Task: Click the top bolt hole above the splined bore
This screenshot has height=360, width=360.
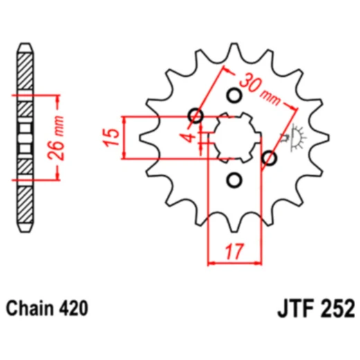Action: [x=234, y=95]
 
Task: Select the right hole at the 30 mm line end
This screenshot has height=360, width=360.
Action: [x=269, y=159]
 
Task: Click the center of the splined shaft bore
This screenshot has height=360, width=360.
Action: [x=234, y=137]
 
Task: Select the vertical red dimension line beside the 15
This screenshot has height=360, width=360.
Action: [x=124, y=137]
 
